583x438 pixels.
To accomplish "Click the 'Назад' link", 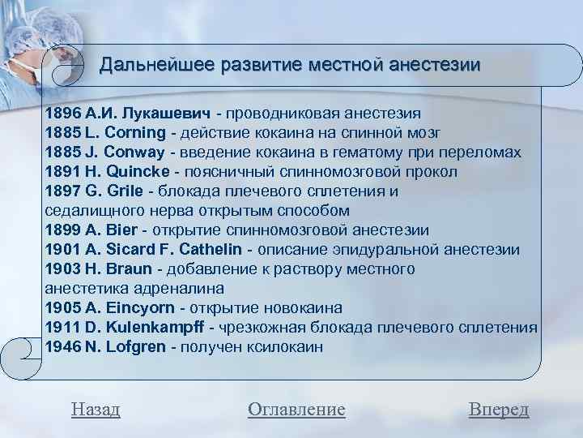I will click(x=96, y=410).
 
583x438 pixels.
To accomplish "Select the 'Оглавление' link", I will click(x=296, y=410).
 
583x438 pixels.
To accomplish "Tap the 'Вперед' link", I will click(x=499, y=410).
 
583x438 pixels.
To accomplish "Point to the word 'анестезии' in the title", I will click(x=436, y=64).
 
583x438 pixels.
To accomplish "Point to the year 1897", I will click(x=62, y=191).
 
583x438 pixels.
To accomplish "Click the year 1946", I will click(x=62, y=346).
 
